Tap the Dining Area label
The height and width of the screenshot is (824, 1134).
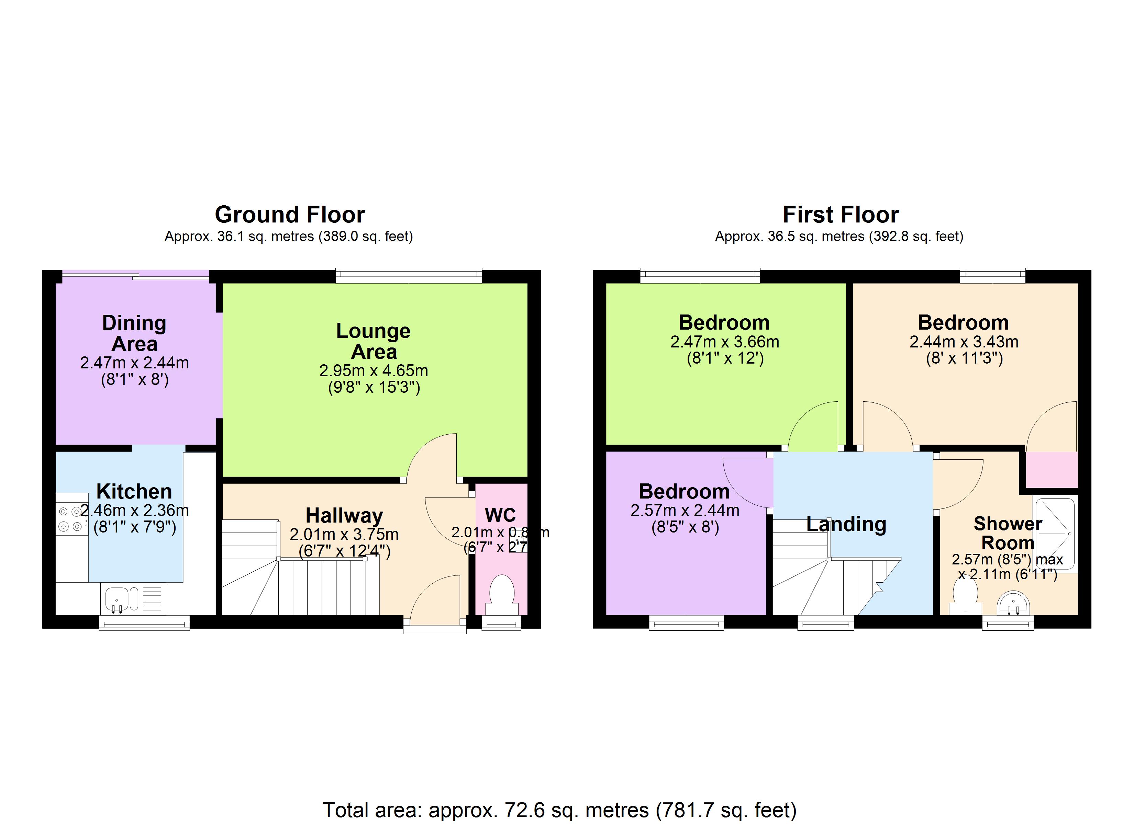(x=134, y=333)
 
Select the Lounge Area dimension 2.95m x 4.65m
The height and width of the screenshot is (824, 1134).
(x=374, y=371)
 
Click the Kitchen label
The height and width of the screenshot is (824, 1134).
(x=134, y=491)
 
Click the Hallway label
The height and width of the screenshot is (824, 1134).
(x=344, y=515)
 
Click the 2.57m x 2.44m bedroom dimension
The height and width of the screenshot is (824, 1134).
(x=685, y=510)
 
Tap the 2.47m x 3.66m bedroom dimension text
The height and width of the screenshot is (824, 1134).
(x=724, y=342)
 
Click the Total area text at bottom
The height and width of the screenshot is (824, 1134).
(x=559, y=810)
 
